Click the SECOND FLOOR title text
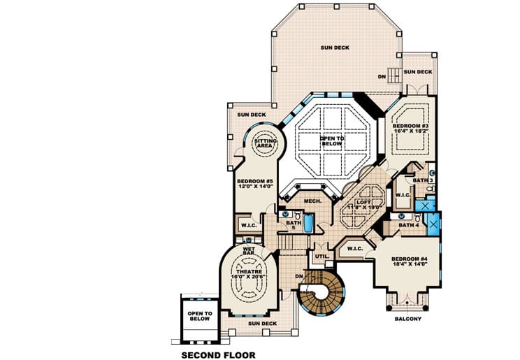coord(218,354)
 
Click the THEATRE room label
coord(248,272)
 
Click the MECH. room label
coord(312,201)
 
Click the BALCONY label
coord(407,319)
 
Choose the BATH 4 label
coord(408,225)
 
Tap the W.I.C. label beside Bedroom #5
coord(249,225)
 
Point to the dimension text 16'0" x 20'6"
coord(248,278)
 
